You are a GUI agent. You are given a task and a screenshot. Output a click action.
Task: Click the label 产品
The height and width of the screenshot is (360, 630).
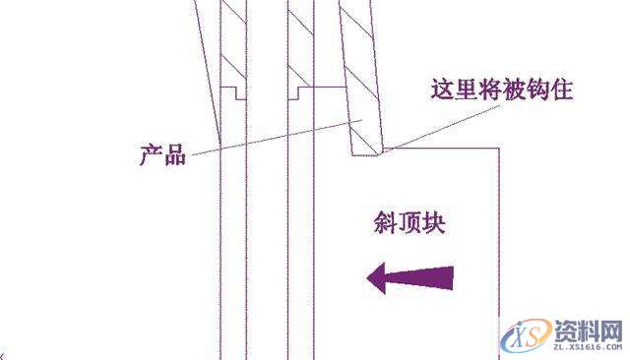162,154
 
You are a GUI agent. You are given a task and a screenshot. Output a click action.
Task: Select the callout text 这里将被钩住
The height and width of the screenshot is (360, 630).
502,91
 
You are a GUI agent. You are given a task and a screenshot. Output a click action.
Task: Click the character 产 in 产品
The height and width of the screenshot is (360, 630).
151,154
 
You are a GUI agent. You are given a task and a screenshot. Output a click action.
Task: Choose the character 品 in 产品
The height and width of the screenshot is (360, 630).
174,154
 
